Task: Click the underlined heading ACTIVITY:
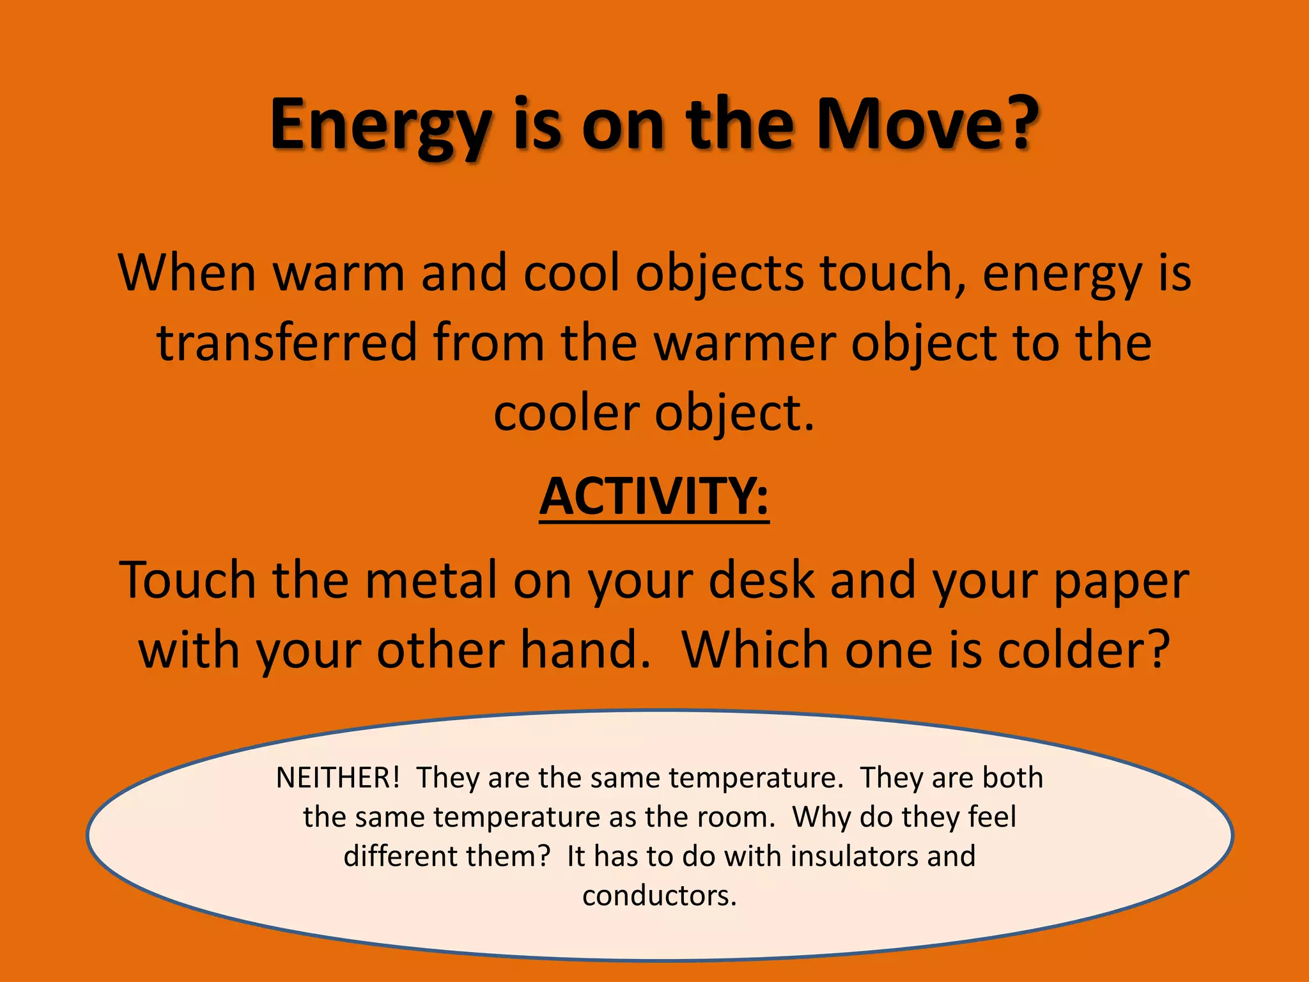654,497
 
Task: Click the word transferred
287,343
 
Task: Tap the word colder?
1084,650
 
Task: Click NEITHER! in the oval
337,778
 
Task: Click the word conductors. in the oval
660,896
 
